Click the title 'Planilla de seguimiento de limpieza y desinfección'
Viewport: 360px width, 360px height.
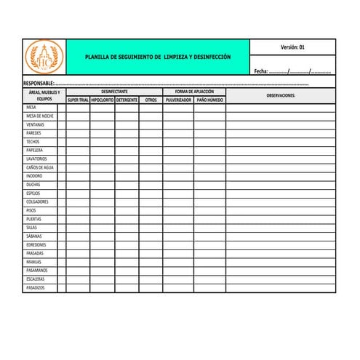[157, 56]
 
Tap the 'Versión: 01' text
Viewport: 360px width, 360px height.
[292, 47]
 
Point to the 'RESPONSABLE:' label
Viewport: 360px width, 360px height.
[39, 84]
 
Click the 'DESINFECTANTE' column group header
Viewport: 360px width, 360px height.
[114, 92]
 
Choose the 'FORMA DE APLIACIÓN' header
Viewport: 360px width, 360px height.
[194, 92]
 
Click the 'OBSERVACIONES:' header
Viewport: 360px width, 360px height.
[281, 95]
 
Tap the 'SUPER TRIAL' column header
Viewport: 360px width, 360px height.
[78, 100]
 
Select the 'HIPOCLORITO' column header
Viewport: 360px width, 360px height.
[103, 100]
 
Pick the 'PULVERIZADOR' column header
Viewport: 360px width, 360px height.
[178, 100]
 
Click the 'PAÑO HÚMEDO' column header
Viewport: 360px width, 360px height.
[209, 100]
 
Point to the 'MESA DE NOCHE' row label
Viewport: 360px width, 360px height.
[39, 116]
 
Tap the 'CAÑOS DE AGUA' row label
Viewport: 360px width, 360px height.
[39, 167]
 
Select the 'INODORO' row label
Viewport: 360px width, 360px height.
[34, 176]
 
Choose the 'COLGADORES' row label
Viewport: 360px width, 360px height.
[37, 201]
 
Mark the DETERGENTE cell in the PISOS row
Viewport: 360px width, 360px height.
[127, 210]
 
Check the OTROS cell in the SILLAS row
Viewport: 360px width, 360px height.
[151, 228]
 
